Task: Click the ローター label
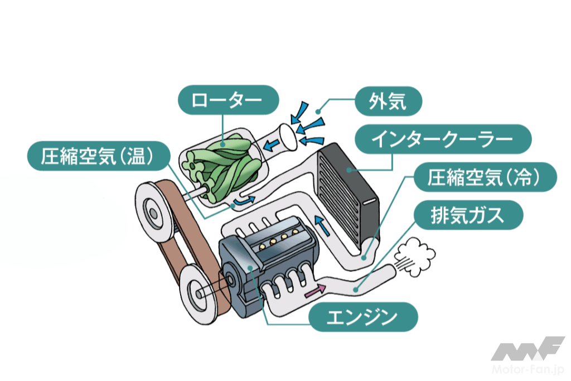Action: (x=228, y=101)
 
